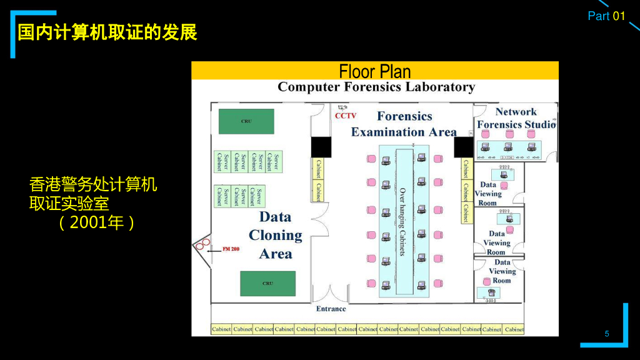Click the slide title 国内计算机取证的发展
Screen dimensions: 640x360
[x=107, y=32]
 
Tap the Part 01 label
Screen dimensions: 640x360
[x=606, y=16]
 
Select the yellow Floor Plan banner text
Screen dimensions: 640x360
[x=375, y=71]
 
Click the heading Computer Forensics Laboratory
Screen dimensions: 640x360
[x=376, y=87]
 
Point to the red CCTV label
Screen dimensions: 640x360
[x=346, y=116]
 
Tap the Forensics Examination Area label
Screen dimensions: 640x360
[x=404, y=124]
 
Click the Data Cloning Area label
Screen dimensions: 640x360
[x=275, y=235]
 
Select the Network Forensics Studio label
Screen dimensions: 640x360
[x=516, y=118]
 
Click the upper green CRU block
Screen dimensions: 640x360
[x=246, y=121]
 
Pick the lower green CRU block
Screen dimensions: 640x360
[x=267, y=283]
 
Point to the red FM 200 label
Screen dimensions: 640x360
[x=231, y=249]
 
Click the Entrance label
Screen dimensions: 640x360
[x=331, y=309]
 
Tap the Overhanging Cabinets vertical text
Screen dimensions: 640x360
[x=402, y=221]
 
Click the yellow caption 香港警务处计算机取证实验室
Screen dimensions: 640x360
[x=94, y=194]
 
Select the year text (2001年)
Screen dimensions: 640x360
[x=97, y=222]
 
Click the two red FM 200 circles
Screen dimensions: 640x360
[x=202, y=245]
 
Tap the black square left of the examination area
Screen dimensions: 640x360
[x=321, y=147]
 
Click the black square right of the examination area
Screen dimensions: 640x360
[x=464, y=147]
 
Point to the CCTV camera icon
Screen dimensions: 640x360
[x=341, y=107]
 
